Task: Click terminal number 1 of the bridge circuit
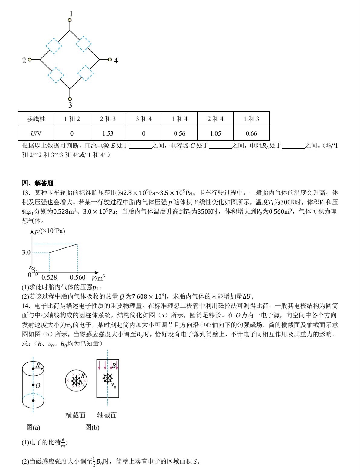(x=71, y=14)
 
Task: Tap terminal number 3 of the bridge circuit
(x=70, y=105)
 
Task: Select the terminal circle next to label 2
(x=30, y=60)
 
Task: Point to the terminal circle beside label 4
(x=110, y=60)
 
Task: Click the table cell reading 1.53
(x=108, y=133)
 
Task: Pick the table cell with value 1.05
(x=215, y=133)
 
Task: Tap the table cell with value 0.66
(x=251, y=133)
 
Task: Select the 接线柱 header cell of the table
(x=36, y=119)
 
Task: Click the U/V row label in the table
(x=36, y=133)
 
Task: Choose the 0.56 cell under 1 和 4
(x=179, y=133)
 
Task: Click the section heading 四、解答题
(x=38, y=183)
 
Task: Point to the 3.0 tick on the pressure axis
(x=26, y=252)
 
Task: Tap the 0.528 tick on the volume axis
(x=49, y=277)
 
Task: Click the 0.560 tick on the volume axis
(x=78, y=277)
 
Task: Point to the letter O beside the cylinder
(x=38, y=386)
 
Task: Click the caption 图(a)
(x=33, y=427)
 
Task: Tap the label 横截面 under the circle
(x=76, y=415)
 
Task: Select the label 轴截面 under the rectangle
(x=107, y=415)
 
